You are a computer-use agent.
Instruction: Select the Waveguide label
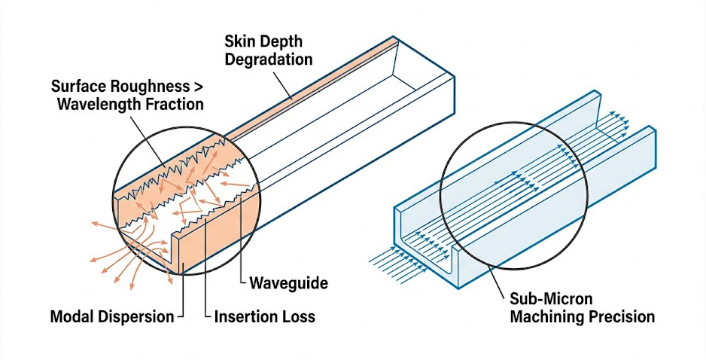288,284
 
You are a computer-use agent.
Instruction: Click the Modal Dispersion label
111,317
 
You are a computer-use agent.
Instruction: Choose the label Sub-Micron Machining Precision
582,307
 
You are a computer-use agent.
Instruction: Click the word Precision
620,317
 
